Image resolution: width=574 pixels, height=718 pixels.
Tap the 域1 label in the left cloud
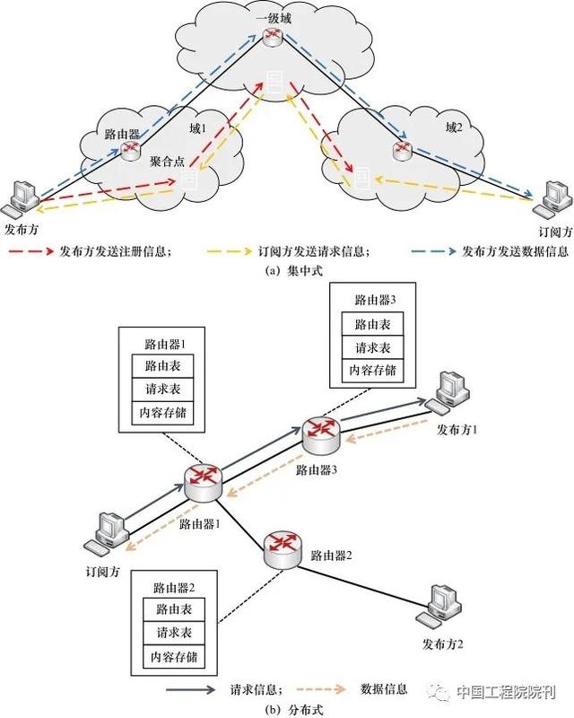click(x=197, y=128)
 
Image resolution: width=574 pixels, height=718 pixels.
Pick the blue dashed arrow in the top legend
click(x=432, y=252)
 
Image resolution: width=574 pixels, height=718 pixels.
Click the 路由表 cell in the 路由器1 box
click(x=163, y=366)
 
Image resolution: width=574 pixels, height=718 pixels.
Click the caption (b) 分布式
click(x=286, y=708)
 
